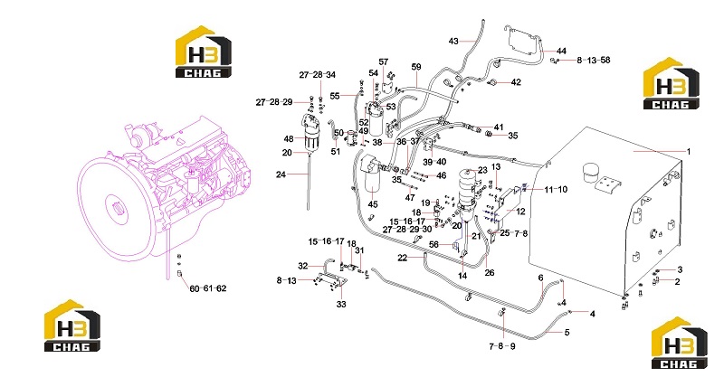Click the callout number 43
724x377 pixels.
[x=453, y=41]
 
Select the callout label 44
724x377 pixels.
[x=561, y=51]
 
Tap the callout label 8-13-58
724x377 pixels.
[x=594, y=60]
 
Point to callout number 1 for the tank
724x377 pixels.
[x=689, y=151]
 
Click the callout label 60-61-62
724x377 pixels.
[x=208, y=288]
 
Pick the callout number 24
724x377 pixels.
[x=281, y=174]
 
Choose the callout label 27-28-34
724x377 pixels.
[x=318, y=75]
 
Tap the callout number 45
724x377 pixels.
[x=373, y=204]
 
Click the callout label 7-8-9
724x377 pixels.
[x=502, y=346]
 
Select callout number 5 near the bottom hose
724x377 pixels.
[x=567, y=332]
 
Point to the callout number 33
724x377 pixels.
[x=341, y=304]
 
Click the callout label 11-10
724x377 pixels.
[x=556, y=189]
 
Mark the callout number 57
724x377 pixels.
[x=383, y=61]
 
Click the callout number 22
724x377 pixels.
[x=403, y=258]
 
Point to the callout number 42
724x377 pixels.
[x=516, y=82]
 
